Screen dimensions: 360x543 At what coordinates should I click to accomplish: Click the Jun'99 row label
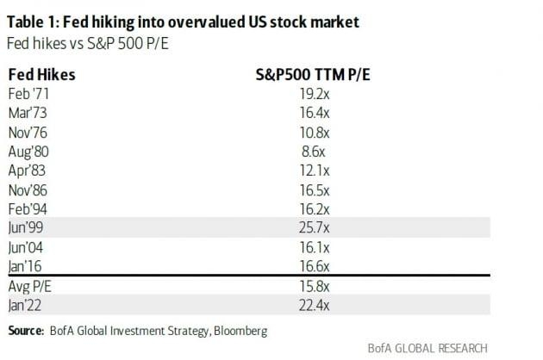coord(28,227)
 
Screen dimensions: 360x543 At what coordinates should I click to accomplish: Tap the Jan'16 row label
coord(27,266)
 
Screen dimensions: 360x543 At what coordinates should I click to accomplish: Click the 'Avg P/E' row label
coord(31,285)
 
